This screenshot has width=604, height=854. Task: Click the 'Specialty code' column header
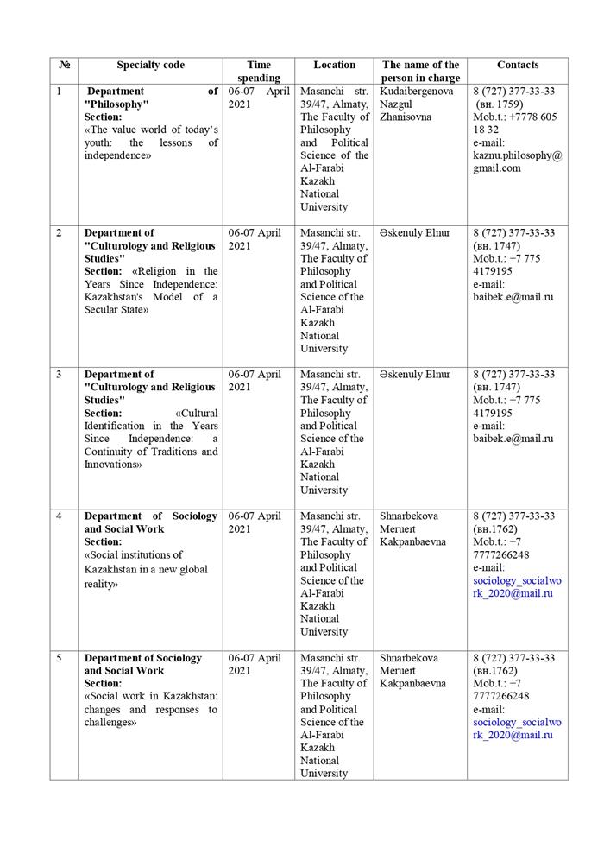coord(150,65)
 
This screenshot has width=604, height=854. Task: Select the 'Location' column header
coord(334,65)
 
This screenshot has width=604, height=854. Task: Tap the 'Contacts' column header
coord(518,65)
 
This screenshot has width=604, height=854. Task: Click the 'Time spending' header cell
coord(258,71)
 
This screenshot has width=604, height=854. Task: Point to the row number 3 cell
coord(58,375)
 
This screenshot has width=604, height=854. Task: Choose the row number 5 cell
coord(58,658)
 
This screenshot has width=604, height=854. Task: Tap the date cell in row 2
coord(255,239)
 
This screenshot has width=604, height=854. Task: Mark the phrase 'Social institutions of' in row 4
coord(135,555)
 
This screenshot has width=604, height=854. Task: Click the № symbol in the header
coord(64,65)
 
